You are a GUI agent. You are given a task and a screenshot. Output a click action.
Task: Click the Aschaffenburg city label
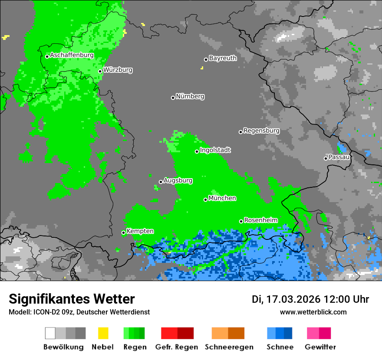pos(72,56)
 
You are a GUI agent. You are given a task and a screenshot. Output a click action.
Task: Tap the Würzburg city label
pos(118,70)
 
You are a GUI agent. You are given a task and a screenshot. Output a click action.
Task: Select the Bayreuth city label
pos(223,58)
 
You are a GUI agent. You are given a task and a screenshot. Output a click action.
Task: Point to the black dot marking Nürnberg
pos(173,98)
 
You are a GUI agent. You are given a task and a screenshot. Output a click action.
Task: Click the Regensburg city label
pos(261,131)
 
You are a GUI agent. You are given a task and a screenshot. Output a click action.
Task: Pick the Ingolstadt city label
pos(215,150)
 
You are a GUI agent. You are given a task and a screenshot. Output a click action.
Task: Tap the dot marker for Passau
pos(326,158)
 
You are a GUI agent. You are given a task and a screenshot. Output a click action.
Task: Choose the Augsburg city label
pos(178,180)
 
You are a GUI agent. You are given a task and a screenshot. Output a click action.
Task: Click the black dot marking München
pos(206,200)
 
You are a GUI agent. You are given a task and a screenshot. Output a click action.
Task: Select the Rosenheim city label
pos(261,220)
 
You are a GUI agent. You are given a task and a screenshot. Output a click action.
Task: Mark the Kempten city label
pos(140,231)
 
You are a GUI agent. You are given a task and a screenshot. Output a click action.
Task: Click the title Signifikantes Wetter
pos(72,299)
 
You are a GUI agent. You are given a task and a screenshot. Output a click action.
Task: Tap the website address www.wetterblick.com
pos(313,312)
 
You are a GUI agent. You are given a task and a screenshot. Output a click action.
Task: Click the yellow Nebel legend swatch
pos(103,333)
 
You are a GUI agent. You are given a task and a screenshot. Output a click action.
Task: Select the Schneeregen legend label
pos(229,347)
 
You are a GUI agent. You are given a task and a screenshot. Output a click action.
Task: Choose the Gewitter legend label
pos(320,347)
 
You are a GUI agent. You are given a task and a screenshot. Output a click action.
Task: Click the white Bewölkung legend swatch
pos(50,333)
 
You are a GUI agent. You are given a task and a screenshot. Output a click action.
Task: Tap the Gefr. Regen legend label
pos(177,347)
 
